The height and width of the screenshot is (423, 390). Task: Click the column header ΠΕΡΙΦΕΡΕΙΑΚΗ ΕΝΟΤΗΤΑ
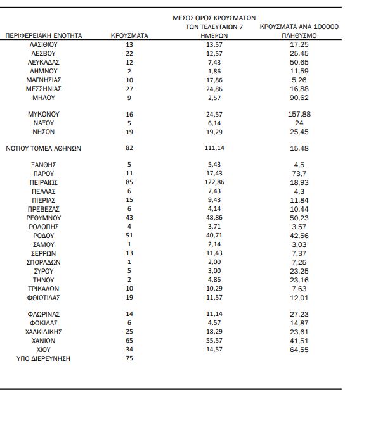point(44,36)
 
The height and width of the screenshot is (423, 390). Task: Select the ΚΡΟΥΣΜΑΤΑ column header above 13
point(129,36)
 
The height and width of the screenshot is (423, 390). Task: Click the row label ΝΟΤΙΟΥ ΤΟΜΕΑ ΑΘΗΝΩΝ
point(44,148)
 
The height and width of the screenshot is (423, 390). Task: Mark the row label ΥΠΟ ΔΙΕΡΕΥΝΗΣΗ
point(43,359)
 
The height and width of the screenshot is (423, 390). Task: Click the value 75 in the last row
point(129,359)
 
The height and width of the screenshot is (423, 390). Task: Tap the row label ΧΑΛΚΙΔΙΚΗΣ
point(43,331)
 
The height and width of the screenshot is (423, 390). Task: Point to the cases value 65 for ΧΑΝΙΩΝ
point(129,340)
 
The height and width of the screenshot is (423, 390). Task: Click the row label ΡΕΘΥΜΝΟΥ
point(43,217)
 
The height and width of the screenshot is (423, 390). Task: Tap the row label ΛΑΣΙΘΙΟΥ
point(43,46)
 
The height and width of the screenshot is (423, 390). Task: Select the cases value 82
point(129,148)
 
